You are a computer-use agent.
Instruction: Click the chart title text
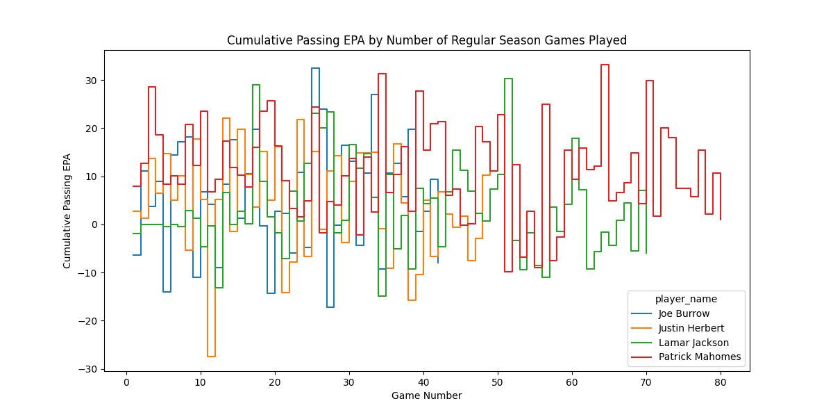coord(426,40)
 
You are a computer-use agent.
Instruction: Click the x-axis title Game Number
coord(426,396)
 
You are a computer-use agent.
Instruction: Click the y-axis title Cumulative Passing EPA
coord(67,211)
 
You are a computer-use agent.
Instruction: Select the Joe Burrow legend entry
coord(684,313)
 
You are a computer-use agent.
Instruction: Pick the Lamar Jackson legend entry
coord(693,343)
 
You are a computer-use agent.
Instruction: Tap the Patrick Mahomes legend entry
coord(699,357)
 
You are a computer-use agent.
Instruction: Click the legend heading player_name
coord(686,299)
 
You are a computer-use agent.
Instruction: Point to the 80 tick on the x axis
coord(720,382)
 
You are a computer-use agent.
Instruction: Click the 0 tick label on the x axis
coord(126,382)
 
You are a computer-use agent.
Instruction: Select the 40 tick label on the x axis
coord(423,382)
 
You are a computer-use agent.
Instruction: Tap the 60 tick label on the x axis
coord(571,382)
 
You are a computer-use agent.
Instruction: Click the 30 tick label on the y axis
coord(92,81)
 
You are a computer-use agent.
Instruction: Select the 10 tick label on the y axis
coord(92,177)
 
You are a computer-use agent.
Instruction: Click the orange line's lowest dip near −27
coord(211,357)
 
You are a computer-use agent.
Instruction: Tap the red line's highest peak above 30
coord(605,65)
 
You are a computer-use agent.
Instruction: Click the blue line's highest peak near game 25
coord(315,68)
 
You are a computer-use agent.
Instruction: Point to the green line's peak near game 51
coord(508,79)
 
